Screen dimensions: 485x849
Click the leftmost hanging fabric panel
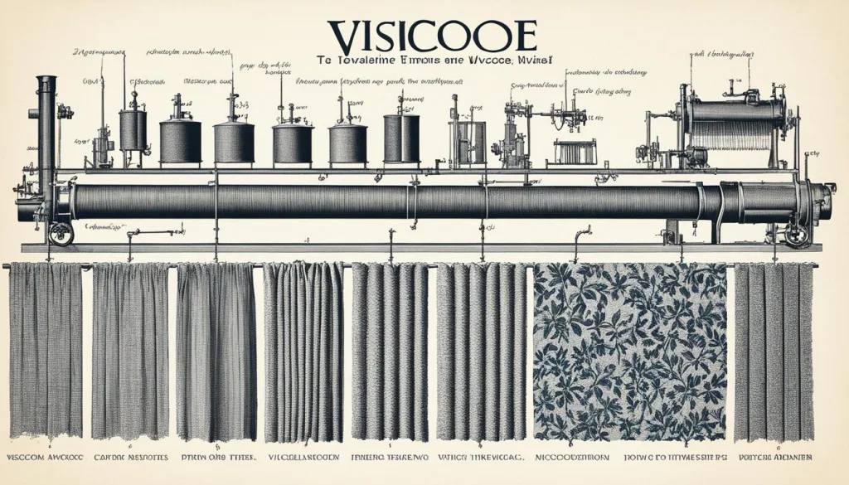tap(46, 348)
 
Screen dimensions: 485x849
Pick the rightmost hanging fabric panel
tap(773, 352)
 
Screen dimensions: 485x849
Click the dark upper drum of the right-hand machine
tap(733, 112)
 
